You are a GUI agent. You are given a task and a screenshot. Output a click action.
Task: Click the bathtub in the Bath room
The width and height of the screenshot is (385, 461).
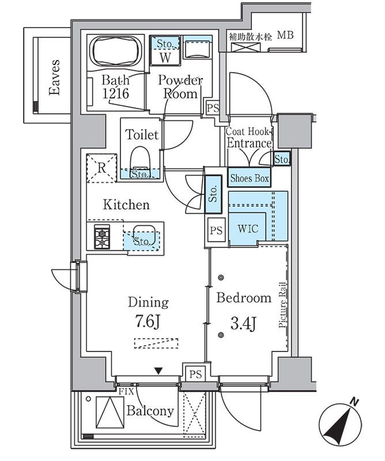pyautogui.click(x=115, y=52)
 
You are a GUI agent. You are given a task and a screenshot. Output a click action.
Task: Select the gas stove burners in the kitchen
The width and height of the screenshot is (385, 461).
pyautogui.click(x=102, y=237)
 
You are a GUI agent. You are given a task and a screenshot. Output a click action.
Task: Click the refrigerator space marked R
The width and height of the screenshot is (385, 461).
pyautogui.click(x=102, y=168)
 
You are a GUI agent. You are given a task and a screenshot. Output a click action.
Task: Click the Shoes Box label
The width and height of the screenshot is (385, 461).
pyautogui.click(x=250, y=178)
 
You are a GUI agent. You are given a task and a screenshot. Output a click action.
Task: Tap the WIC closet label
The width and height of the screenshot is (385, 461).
pyautogui.click(x=248, y=228)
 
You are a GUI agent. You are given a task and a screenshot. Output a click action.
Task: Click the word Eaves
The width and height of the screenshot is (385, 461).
pyautogui.click(x=54, y=77)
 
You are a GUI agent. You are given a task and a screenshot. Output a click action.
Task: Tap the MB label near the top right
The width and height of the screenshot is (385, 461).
pyautogui.click(x=286, y=35)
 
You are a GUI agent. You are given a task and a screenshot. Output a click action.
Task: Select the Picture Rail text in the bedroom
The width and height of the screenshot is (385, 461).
pyautogui.click(x=282, y=305)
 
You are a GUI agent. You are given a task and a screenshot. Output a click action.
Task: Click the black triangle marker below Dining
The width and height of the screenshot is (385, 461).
pyautogui.click(x=158, y=371)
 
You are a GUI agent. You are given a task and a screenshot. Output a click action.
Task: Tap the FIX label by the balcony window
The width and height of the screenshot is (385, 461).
pyautogui.click(x=126, y=391)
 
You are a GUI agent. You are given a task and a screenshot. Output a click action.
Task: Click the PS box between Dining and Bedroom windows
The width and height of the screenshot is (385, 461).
pyautogui.click(x=195, y=374)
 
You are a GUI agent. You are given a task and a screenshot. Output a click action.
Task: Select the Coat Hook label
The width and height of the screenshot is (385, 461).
pyautogui.click(x=247, y=132)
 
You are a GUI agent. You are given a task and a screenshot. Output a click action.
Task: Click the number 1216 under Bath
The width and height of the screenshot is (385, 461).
pyautogui.click(x=116, y=93)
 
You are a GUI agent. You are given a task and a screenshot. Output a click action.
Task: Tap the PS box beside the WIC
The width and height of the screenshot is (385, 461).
pyautogui.click(x=216, y=230)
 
